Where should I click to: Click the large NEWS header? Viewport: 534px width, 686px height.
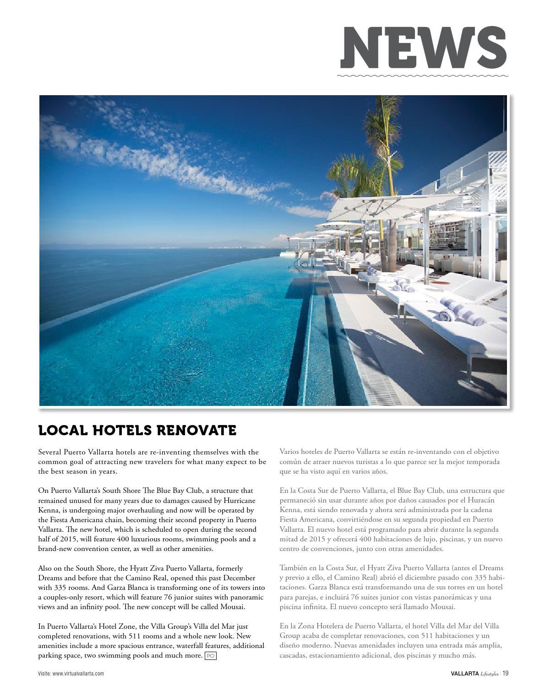click(x=424, y=48)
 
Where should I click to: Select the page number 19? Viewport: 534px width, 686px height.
click(x=505, y=673)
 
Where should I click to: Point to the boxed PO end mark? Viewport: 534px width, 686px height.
click(x=210, y=656)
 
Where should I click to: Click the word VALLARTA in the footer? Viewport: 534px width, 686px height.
click(x=464, y=673)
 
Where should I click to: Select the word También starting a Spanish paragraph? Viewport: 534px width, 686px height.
click(x=294, y=568)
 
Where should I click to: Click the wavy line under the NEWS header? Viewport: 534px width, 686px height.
click(x=423, y=76)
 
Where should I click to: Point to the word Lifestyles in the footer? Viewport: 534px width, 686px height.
click(x=489, y=674)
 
